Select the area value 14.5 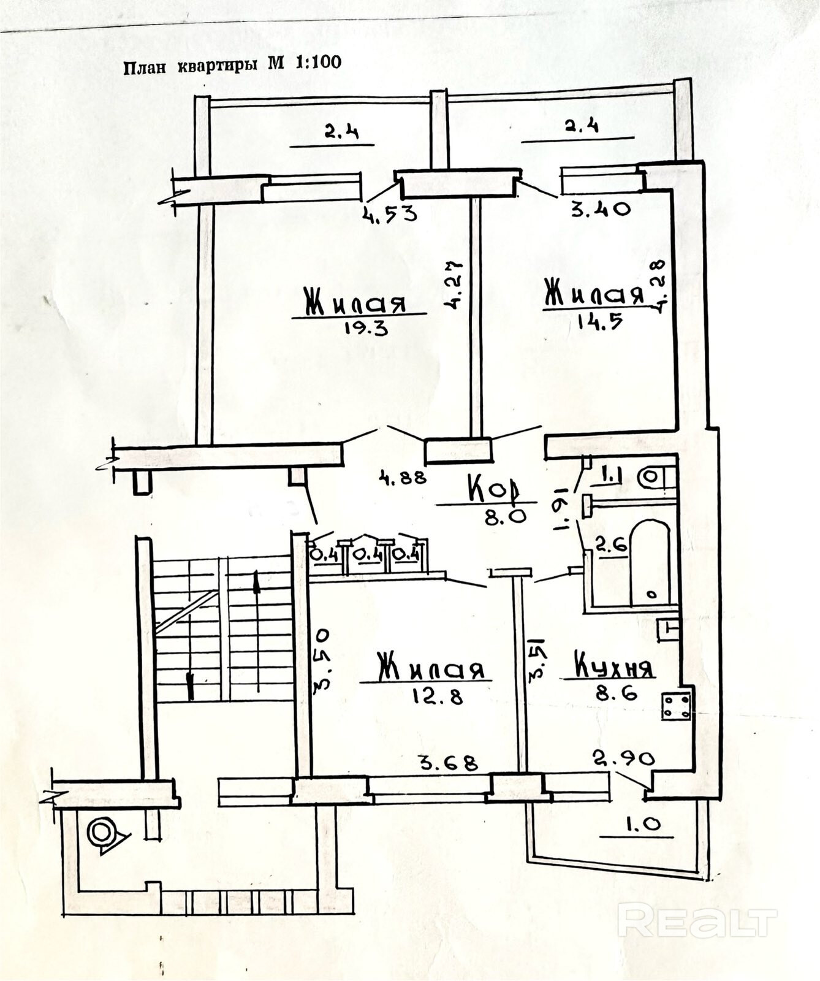600,321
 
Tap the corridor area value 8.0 506,517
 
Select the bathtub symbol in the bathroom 650,561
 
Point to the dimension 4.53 390,214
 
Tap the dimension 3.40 600,209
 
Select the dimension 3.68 447,763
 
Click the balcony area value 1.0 643,825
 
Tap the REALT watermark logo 697,920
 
